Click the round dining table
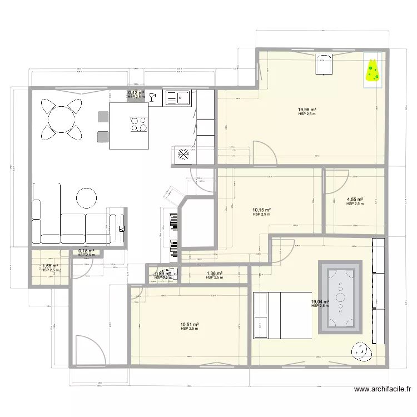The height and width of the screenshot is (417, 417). tap(61, 118)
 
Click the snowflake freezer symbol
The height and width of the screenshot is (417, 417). tap(182, 155)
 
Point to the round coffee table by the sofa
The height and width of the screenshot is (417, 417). tap(87, 197)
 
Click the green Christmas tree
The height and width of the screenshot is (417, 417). tap(372, 70)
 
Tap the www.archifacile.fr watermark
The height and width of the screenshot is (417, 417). tap(383, 390)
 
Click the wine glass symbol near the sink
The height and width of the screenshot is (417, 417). tap(154, 98)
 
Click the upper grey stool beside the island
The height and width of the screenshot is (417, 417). tap(103, 117)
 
